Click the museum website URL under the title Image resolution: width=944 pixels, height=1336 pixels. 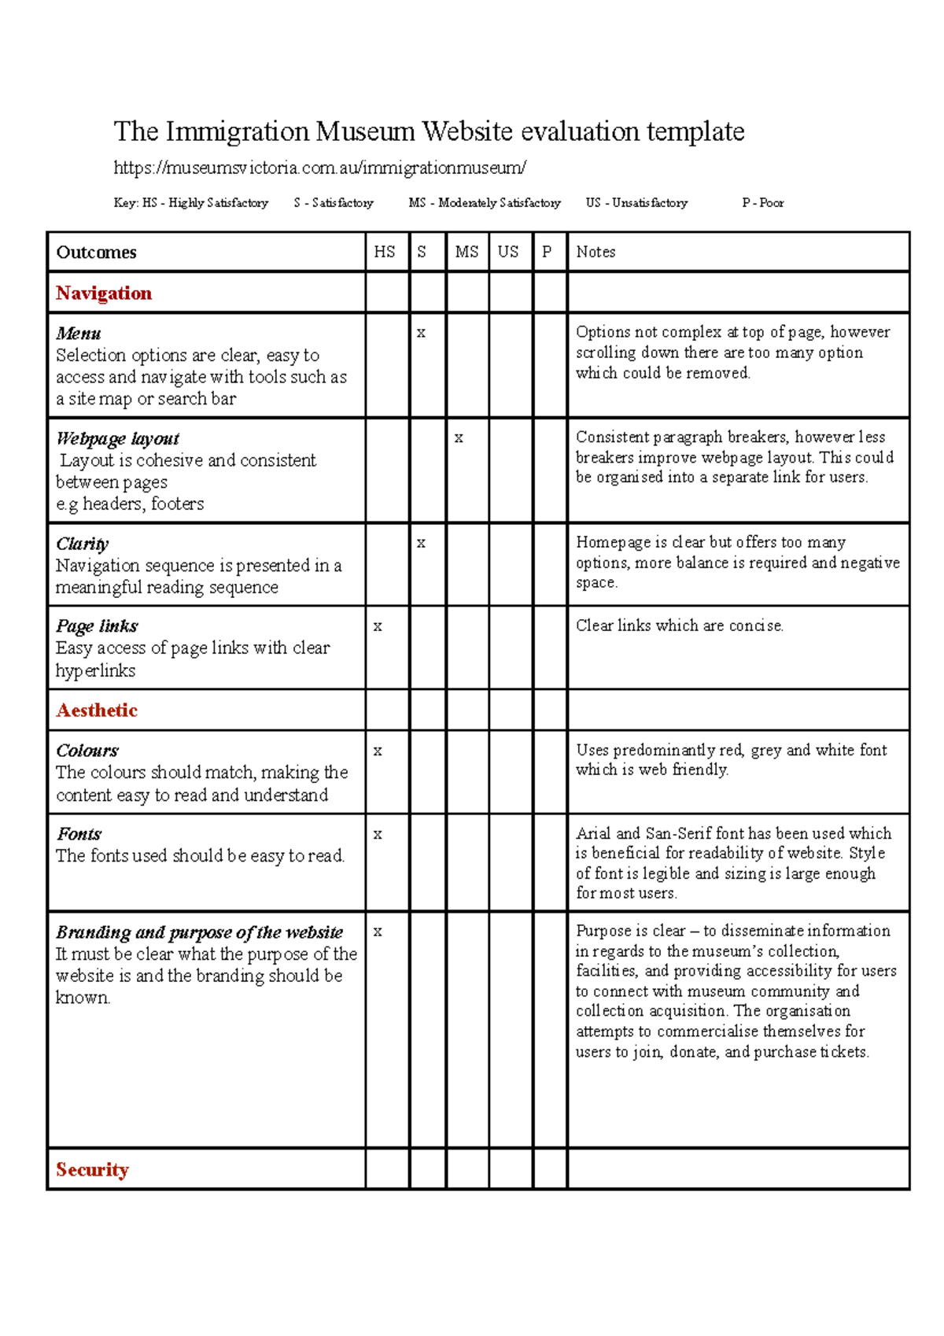tap(319, 168)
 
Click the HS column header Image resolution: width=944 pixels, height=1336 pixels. tap(385, 252)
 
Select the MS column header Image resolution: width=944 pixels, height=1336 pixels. tap(466, 252)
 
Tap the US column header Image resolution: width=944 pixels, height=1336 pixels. tap(508, 252)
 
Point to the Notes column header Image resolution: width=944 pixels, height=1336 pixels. tap(596, 252)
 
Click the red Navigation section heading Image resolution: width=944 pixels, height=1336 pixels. tap(104, 293)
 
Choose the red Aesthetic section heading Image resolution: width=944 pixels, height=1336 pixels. tap(97, 710)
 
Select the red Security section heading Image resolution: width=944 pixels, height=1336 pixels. tap(92, 1170)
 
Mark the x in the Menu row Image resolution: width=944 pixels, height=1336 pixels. tap(421, 334)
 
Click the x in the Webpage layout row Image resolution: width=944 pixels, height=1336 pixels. tap(459, 438)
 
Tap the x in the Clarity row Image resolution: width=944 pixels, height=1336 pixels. tap(421, 544)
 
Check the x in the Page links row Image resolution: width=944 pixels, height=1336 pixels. tap(378, 627)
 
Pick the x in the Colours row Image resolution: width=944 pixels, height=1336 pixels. tap(378, 751)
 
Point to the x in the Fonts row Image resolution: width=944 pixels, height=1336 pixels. tap(378, 835)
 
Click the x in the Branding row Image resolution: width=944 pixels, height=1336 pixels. tap(378, 932)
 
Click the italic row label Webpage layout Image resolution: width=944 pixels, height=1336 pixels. tap(118, 438)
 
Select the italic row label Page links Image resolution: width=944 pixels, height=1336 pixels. tap(97, 626)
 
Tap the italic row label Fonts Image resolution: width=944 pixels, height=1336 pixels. tap(79, 834)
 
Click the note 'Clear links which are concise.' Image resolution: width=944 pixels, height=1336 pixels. tap(680, 626)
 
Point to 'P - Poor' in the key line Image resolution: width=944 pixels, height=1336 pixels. tap(762, 203)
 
